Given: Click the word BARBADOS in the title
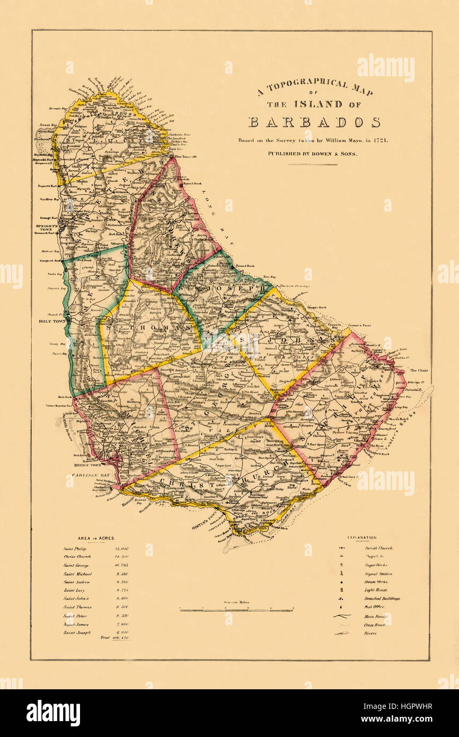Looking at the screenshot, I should pos(314,122).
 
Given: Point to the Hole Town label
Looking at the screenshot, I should pos(51,321).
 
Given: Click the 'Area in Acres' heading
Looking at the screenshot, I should pos(96,538).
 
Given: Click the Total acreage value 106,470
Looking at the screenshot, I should pos(120,638).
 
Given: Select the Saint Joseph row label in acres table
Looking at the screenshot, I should pos(77,633).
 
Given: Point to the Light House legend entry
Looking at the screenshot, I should pos(375,590).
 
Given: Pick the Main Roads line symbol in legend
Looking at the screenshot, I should pos(342,616).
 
